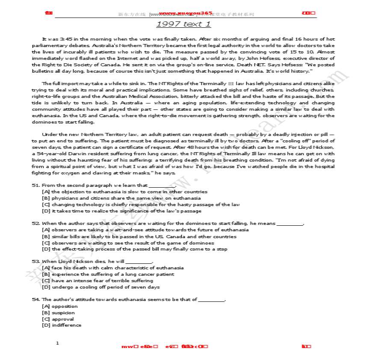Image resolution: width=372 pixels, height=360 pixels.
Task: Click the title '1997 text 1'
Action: click(183, 24)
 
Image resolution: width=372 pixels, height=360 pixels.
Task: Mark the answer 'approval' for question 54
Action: click(62, 319)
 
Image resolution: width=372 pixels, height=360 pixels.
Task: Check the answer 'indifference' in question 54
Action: click(66, 325)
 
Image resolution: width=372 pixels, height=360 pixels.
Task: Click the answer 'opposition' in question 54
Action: click(65, 306)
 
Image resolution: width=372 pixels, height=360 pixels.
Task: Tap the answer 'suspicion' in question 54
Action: click(63, 313)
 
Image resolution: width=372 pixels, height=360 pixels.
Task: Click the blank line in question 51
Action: click(162, 186)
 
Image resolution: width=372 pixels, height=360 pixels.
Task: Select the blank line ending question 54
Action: click(212, 300)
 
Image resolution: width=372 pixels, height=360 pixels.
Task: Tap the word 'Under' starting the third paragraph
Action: click(49, 134)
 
